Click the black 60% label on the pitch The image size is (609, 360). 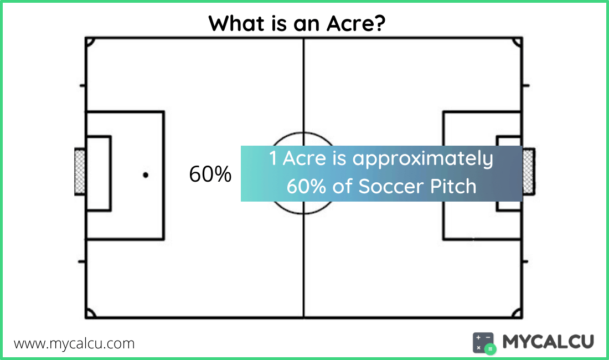(x=210, y=174)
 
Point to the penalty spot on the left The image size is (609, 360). (x=146, y=175)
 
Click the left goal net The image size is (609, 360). (x=80, y=171)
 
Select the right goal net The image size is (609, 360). (x=529, y=171)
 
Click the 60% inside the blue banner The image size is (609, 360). (x=306, y=187)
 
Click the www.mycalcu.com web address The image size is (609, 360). (x=74, y=344)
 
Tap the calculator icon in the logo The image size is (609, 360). (x=484, y=343)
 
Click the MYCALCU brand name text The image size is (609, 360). (x=548, y=342)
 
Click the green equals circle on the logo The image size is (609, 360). (x=490, y=349)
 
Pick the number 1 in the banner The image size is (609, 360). (x=273, y=158)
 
